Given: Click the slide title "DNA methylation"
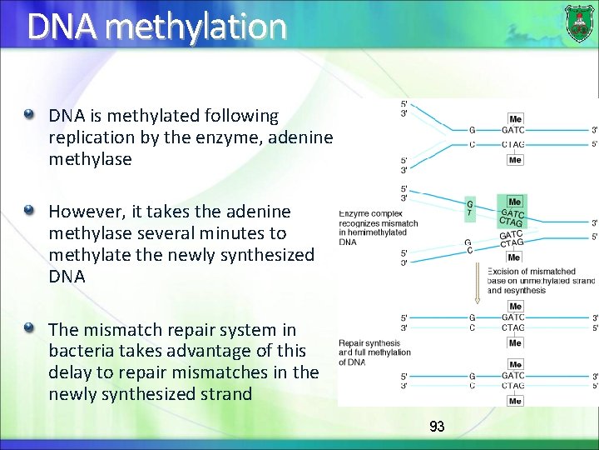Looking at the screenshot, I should [156, 27].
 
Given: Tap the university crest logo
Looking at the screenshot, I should [579, 23].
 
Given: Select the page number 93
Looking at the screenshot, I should [437, 427].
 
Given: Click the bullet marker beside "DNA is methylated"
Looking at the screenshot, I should [31, 114].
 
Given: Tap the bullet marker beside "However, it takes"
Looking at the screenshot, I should [31, 211].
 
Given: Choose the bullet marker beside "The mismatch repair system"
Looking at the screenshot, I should [31, 329].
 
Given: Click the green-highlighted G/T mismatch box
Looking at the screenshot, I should [470, 209].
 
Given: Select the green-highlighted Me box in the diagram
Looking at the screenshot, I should [514, 202].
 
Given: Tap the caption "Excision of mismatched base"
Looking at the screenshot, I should [541, 281].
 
